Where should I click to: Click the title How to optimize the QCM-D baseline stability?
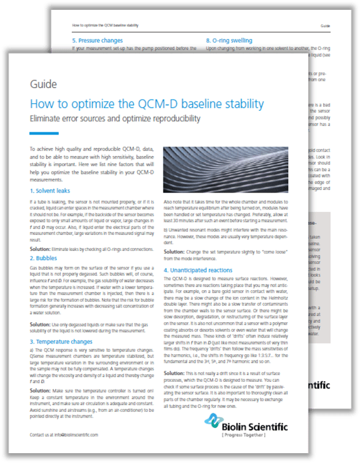147,103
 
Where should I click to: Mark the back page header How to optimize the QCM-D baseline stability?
114,26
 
